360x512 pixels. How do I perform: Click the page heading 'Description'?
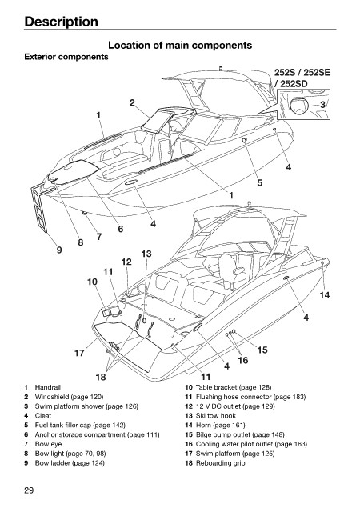click(x=61, y=22)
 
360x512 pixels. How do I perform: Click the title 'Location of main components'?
click(x=180, y=45)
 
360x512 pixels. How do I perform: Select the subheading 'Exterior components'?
click(x=66, y=57)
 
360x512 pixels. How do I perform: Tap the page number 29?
click(x=29, y=490)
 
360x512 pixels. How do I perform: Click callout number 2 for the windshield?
click(x=132, y=103)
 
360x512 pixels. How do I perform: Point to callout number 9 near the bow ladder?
click(x=59, y=250)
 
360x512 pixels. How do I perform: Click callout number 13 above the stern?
click(x=146, y=254)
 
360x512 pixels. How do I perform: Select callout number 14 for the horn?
click(x=324, y=295)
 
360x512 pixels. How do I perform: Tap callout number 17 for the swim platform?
click(x=79, y=353)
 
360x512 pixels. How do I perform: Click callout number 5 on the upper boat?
click(x=260, y=182)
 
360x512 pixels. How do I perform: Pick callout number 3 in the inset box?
click(x=322, y=105)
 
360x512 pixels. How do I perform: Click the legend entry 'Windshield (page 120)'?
click(x=69, y=397)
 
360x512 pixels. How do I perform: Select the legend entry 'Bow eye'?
click(x=48, y=444)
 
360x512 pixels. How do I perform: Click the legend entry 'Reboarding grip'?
click(x=220, y=463)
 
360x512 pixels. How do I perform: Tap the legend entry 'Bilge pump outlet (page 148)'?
click(x=240, y=434)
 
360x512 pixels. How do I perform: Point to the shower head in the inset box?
click(x=298, y=106)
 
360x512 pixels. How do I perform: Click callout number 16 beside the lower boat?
click(x=242, y=361)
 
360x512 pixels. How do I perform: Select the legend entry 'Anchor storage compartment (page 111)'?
click(x=97, y=434)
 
